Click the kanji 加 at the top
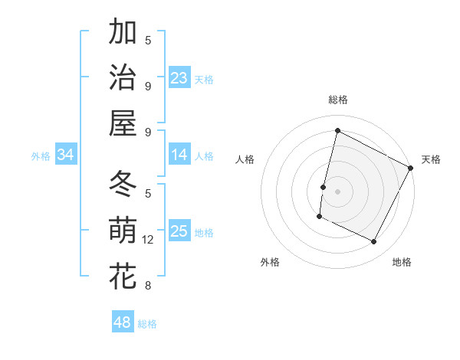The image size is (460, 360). tap(123, 33)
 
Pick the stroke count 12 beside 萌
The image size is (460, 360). tap(148, 240)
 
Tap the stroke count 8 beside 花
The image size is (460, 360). tap(148, 286)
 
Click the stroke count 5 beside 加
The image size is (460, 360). tap(148, 40)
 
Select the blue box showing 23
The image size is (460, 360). tap(179, 77)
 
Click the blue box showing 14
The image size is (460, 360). tap(179, 155)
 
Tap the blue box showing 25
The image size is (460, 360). tap(179, 231)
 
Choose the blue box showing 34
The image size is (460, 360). tap(66, 155)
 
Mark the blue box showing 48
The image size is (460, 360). tap(123, 322)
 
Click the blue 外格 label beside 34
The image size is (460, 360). tap(41, 156)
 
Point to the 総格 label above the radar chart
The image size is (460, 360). tap(338, 100)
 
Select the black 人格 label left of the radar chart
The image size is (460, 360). tap(245, 159)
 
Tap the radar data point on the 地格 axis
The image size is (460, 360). tap(374, 242)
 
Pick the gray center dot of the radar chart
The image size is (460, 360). tap(338, 191)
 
